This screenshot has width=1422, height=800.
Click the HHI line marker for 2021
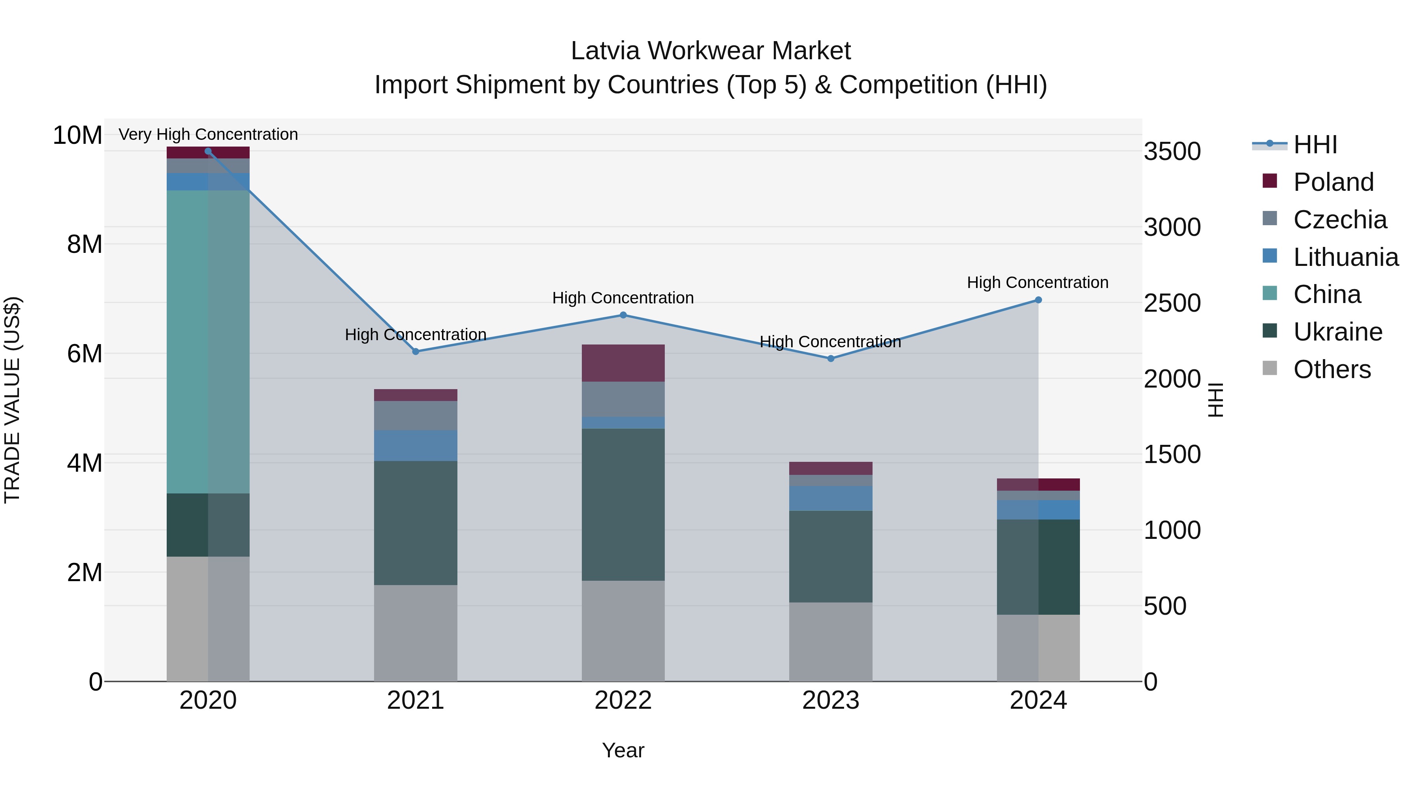[x=416, y=352]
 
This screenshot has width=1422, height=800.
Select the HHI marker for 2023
[x=831, y=359]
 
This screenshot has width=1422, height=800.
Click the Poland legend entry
[x=1333, y=182]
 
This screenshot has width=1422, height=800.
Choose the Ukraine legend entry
[x=1337, y=332]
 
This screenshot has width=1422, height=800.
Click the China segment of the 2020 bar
[x=208, y=342]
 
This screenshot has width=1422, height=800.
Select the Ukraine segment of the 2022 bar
[x=623, y=504]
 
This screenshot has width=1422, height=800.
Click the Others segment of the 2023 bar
[x=831, y=642]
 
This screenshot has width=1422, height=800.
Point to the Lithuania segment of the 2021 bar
[x=416, y=446]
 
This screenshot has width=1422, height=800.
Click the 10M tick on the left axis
[x=77, y=135]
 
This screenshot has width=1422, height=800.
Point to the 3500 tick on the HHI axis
[x=1172, y=151]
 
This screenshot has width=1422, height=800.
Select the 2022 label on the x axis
[x=623, y=700]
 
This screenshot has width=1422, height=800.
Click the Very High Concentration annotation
[x=208, y=134]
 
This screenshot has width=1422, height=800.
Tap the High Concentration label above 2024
[x=1037, y=283]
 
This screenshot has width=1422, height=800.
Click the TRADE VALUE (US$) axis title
[x=12, y=400]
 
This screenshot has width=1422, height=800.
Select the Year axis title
[x=623, y=750]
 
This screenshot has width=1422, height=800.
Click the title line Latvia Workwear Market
[x=711, y=51]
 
